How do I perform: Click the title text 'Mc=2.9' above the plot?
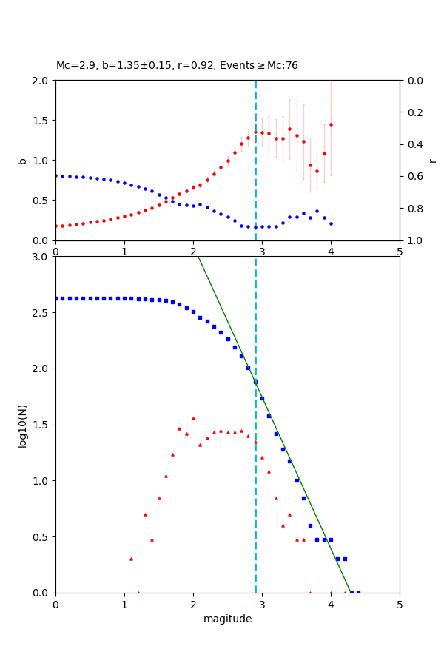75,66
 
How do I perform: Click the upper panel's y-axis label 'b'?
22,161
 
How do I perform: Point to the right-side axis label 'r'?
433,161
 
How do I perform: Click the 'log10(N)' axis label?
22,425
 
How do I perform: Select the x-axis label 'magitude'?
227,619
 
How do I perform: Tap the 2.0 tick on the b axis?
43,81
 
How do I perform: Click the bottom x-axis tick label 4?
331,604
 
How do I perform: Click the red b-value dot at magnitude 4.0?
331,124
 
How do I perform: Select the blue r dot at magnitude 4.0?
331,223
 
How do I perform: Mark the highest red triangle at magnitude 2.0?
193,418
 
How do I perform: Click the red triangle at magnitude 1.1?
131,559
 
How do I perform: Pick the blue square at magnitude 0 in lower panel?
55,298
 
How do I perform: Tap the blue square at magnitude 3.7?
310,525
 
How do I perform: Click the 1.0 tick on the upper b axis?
43,161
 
